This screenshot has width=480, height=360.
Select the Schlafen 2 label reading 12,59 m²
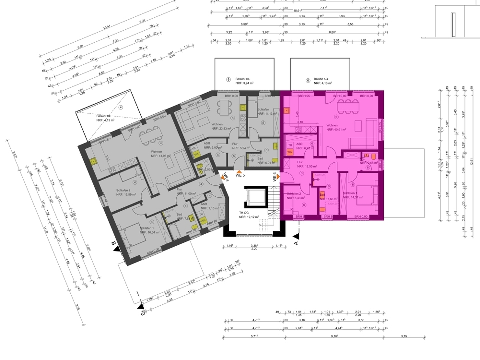click(127, 192)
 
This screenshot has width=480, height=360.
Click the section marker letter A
click(296, 243)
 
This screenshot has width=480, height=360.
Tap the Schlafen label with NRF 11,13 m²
click(264, 112)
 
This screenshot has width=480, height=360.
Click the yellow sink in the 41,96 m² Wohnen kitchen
click(93, 161)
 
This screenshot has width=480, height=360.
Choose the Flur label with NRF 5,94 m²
click(234, 147)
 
